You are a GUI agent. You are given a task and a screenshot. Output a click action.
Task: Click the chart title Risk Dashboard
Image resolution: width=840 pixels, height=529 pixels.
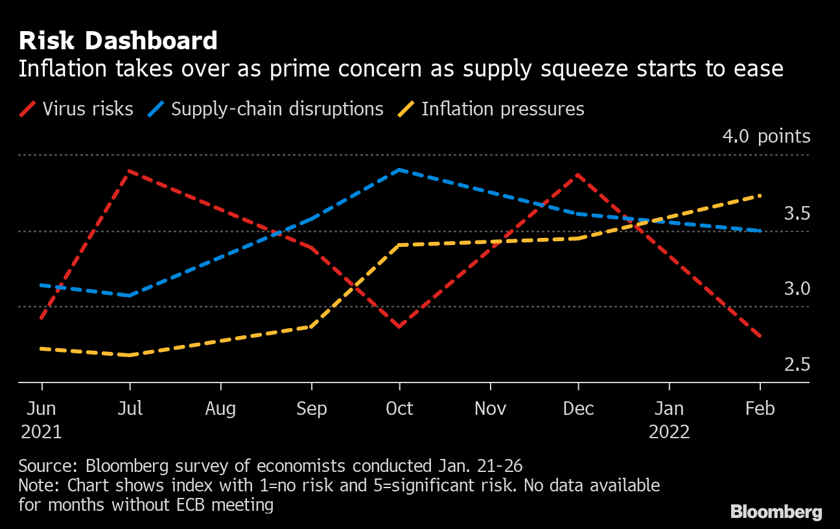[x=118, y=41]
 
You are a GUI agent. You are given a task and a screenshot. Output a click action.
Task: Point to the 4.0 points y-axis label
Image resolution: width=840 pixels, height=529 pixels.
[x=766, y=136]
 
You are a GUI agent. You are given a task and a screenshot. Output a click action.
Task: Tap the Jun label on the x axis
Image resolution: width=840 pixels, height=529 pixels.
[x=41, y=408]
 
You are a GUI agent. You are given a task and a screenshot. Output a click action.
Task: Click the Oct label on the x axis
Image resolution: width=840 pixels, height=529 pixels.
[x=399, y=408]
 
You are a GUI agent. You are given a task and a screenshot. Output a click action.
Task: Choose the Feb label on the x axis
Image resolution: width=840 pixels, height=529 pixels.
[x=760, y=408]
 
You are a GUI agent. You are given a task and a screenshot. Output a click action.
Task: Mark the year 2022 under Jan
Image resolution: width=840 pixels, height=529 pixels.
[x=670, y=432]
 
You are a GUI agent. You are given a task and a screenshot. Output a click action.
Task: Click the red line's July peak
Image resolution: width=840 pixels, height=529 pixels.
[x=130, y=171]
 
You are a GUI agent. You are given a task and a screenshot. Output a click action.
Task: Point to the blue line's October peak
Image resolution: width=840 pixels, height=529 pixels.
[x=400, y=170]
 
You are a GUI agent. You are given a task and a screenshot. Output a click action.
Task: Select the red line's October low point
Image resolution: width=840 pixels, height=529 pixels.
[x=399, y=326]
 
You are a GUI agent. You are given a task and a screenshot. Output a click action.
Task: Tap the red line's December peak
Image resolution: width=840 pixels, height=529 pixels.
[x=576, y=175]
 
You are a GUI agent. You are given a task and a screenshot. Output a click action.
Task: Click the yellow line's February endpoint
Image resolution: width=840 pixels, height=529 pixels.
[x=760, y=195]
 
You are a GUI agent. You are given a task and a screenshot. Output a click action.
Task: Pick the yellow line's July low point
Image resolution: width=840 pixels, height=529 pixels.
[x=130, y=355]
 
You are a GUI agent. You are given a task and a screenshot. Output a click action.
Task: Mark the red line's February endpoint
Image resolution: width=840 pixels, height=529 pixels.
[x=760, y=336]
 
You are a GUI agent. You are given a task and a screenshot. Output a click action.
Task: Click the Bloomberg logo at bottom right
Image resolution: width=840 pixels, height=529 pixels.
[x=776, y=511]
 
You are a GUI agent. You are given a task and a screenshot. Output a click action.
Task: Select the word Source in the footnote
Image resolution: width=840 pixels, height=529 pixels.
[x=49, y=465]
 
